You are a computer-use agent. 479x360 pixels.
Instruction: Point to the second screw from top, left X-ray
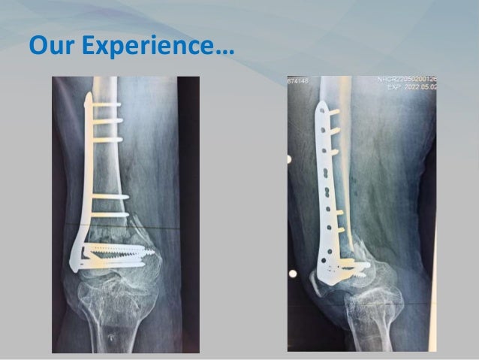pos(107,120)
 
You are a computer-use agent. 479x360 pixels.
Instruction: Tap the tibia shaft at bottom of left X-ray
pos(120,331)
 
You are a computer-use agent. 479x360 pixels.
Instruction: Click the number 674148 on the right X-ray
pos(300,81)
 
